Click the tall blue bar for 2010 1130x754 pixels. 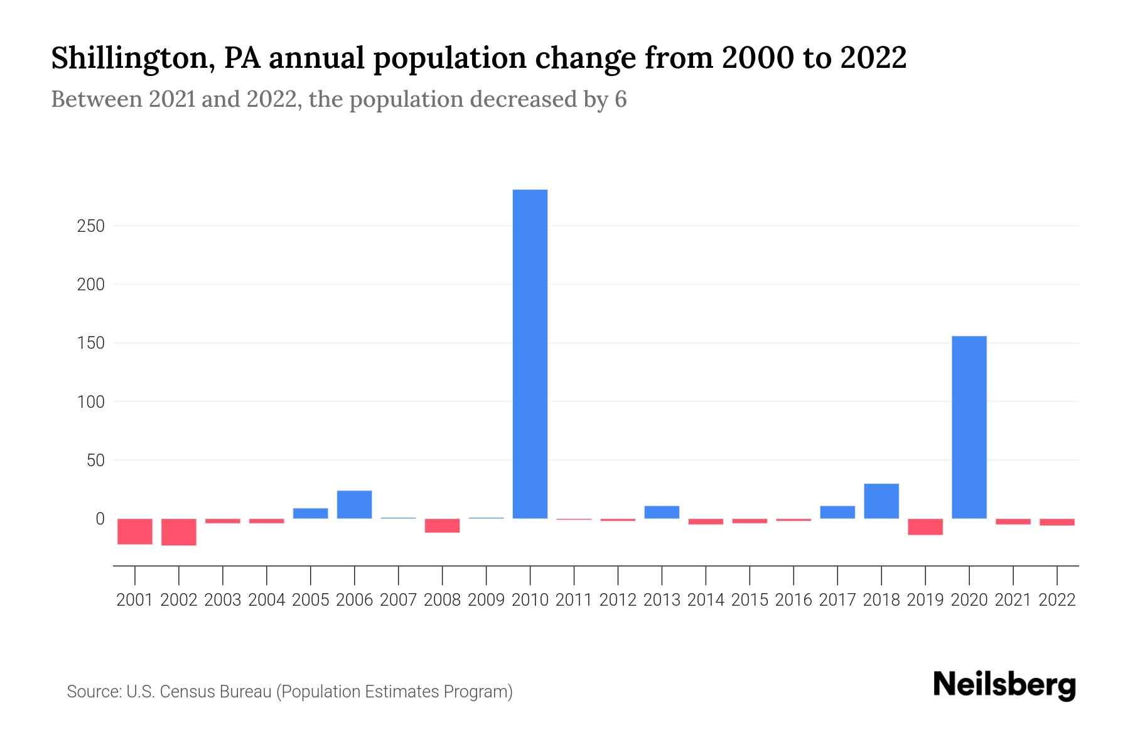(530, 354)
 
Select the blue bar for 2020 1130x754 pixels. (969, 427)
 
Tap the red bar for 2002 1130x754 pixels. (179, 532)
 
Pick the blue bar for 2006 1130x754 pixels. (354, 505)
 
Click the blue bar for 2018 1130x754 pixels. (881, 501)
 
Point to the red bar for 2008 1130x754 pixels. (442, 525)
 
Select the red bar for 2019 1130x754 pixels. (925, 527)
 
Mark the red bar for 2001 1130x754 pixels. (135, 531)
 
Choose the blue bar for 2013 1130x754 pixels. (662, 512)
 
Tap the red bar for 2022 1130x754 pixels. (1057, 522)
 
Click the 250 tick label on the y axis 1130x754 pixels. (90, 226)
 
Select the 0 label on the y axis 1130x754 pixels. (99, 519)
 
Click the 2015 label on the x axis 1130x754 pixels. (750, 600)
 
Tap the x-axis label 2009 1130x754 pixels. (486, 600)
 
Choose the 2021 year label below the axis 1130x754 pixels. (1013, 600)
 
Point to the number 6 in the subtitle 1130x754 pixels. (620, 100)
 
